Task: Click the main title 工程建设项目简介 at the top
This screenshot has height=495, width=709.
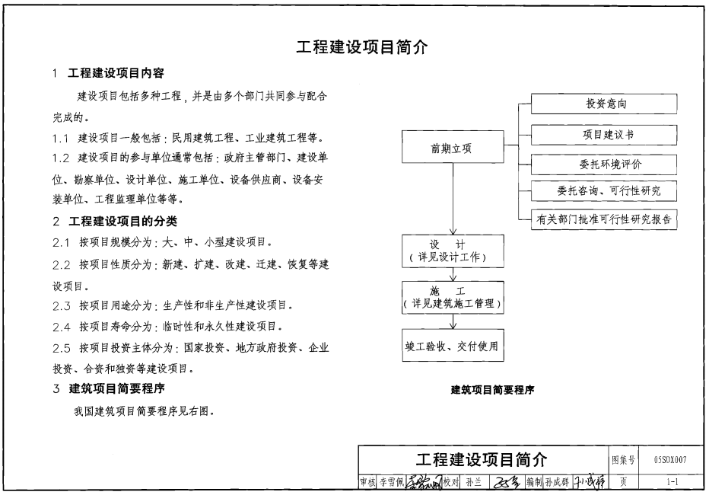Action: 361,48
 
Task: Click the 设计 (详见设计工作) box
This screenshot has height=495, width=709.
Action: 453,251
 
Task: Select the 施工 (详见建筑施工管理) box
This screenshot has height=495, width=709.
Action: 453,298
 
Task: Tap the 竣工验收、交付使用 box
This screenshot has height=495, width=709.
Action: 453,346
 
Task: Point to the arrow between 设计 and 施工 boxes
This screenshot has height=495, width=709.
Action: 453,275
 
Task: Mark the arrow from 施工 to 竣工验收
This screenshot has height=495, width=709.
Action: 453,321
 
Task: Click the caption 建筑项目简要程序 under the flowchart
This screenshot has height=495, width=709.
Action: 492,390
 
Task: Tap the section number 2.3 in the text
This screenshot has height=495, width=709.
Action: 62,305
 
